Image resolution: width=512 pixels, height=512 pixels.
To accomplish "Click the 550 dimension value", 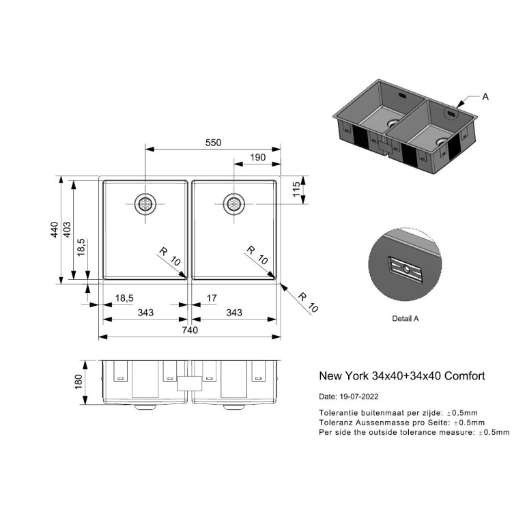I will point(214,142).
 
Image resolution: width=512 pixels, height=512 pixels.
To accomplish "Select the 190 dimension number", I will point(258,158).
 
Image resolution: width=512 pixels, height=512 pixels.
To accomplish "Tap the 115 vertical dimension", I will point(297,189).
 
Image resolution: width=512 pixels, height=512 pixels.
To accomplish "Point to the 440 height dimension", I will point(55,230).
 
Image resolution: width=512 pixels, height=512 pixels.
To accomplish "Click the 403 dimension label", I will point(68,230).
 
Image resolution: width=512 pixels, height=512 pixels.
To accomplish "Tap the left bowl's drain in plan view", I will point(145,203).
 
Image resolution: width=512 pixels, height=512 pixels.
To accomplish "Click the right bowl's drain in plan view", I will point(233,203).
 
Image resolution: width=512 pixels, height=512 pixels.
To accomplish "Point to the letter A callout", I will point(485,97).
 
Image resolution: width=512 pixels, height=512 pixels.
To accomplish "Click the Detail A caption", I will point(406,318).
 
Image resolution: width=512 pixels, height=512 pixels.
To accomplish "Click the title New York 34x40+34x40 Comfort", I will point(402,375).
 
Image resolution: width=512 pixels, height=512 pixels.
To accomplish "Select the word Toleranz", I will point(337,423).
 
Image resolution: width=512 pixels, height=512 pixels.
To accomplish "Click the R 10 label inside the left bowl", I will point(169,257).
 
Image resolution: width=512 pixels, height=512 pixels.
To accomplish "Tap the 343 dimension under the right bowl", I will point(234,313).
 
